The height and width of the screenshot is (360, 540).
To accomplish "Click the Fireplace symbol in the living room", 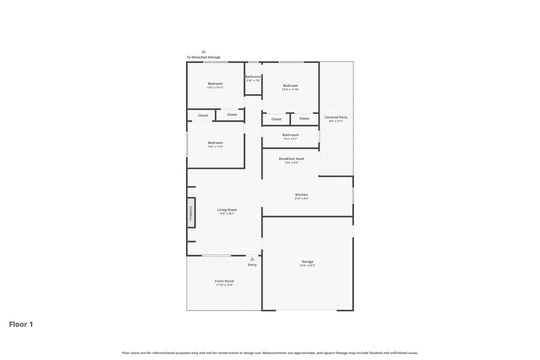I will click(x=191, y=213).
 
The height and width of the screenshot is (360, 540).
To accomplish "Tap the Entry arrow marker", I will click(x=252, y=259).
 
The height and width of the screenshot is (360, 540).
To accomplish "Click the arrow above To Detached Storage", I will click(x=203, y=52).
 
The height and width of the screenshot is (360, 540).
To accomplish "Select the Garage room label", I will click(x=307, y=262).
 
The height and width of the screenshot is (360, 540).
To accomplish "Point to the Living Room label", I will click(x=227, y=210).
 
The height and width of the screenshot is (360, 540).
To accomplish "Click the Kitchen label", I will click(x=301, y=195).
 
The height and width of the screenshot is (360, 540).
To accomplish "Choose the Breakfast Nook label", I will click(x=291, y=159).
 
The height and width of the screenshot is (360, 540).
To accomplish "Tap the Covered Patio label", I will click(x=336, y=117).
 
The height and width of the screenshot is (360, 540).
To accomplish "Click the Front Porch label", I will click(x=224, y=281).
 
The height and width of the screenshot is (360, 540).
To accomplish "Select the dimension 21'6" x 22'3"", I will click(x=307, y=265).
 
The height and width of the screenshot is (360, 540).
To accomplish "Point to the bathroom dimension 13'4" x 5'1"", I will click(x=290, y=139).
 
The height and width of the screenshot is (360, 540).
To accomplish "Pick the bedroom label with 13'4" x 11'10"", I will click(x=290, y=86).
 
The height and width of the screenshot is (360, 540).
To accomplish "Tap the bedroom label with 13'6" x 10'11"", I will click(x=215, y=84).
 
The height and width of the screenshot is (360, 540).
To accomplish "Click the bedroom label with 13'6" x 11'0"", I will click(x=215, y=143).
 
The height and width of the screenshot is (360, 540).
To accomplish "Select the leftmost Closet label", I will click(x=203, y=115).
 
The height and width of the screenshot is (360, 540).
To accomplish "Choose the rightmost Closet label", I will click(x=304, y=118).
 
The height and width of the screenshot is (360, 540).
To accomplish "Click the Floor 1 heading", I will click(x=21, y=324).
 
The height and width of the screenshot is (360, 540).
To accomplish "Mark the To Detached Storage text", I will click(x=204, y=57).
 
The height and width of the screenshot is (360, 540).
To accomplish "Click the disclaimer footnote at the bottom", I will click(x=270, y=353).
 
